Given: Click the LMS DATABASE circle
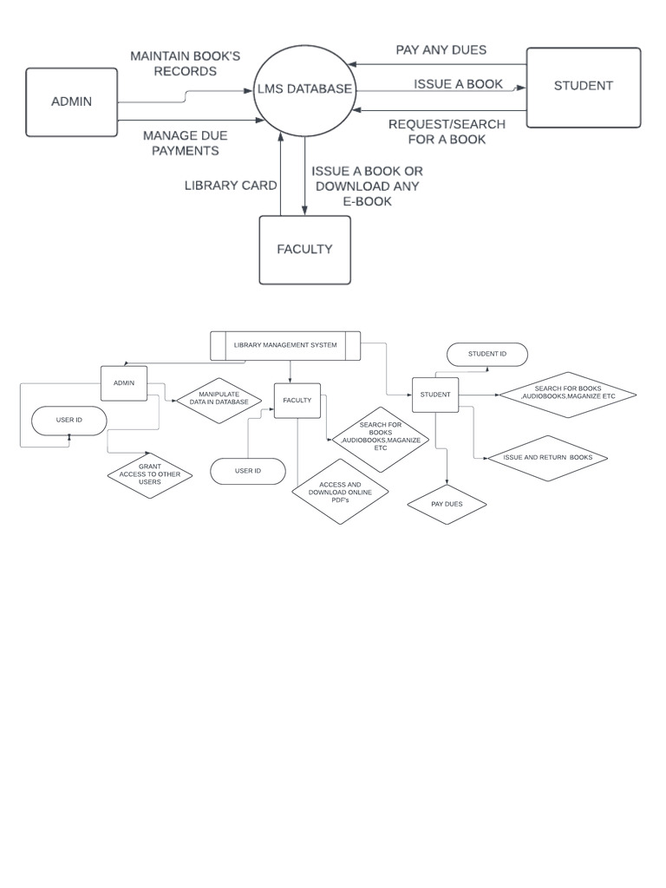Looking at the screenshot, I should point(304,89).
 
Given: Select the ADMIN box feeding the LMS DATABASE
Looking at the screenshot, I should point(71,102).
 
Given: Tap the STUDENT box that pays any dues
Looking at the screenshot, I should point(583,87).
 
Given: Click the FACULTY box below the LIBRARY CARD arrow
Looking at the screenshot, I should point(304,250).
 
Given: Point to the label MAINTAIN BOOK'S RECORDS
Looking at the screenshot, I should point(185,63).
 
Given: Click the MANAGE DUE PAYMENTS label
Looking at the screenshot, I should point(185,143).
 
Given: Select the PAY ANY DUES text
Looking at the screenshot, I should point(441,50).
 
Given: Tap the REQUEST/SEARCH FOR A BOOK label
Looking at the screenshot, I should point(446,132).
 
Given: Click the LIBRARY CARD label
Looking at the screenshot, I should point(231,186).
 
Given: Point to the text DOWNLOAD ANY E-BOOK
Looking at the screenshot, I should point(367,193).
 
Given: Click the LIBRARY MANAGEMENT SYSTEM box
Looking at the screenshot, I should point(285,345).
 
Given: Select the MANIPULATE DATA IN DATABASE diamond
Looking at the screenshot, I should point(219,398).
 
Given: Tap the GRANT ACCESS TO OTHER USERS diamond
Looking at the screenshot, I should point(150,474).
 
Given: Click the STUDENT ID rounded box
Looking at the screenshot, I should point(486,354).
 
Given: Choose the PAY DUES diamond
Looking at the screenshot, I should point(447,504).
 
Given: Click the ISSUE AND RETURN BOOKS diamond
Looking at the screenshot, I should point(547,457).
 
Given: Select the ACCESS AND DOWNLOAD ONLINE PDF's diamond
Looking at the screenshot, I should point(340,491).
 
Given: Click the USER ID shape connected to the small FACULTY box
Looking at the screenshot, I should point(247,471).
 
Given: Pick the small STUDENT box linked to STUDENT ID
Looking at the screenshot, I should point(434,395).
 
